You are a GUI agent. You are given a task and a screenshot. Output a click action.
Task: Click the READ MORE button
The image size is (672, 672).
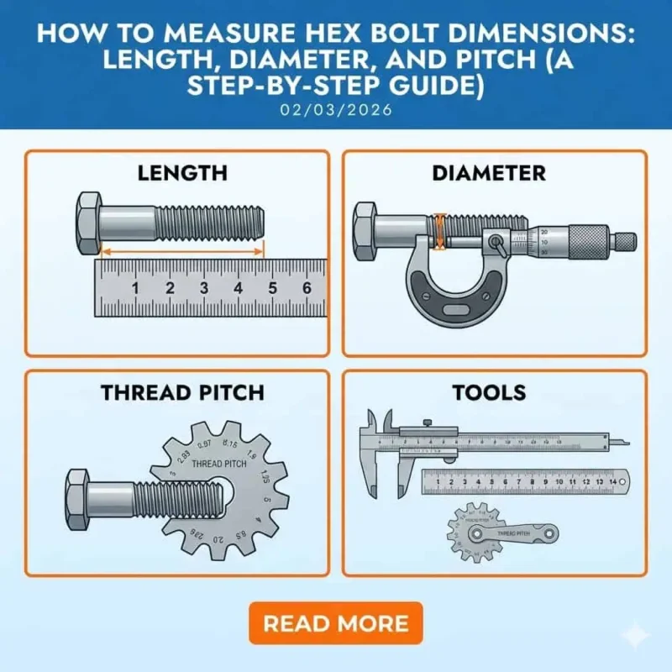(x=335, y=623)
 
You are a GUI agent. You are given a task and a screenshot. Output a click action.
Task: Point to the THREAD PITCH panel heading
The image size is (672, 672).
(x=182, y=392)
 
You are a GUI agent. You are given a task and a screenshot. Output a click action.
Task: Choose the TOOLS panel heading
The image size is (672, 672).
(x=489, y=392)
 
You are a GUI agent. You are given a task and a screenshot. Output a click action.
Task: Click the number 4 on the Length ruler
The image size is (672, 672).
(x=238, y=288)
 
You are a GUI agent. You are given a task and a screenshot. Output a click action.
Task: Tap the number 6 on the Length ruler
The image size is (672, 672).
(x=307, y=288)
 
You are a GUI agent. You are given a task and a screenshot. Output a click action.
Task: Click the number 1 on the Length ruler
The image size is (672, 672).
(x=134, y=288)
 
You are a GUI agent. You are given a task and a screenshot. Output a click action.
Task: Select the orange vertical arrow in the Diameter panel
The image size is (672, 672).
(x=438, y=231)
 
